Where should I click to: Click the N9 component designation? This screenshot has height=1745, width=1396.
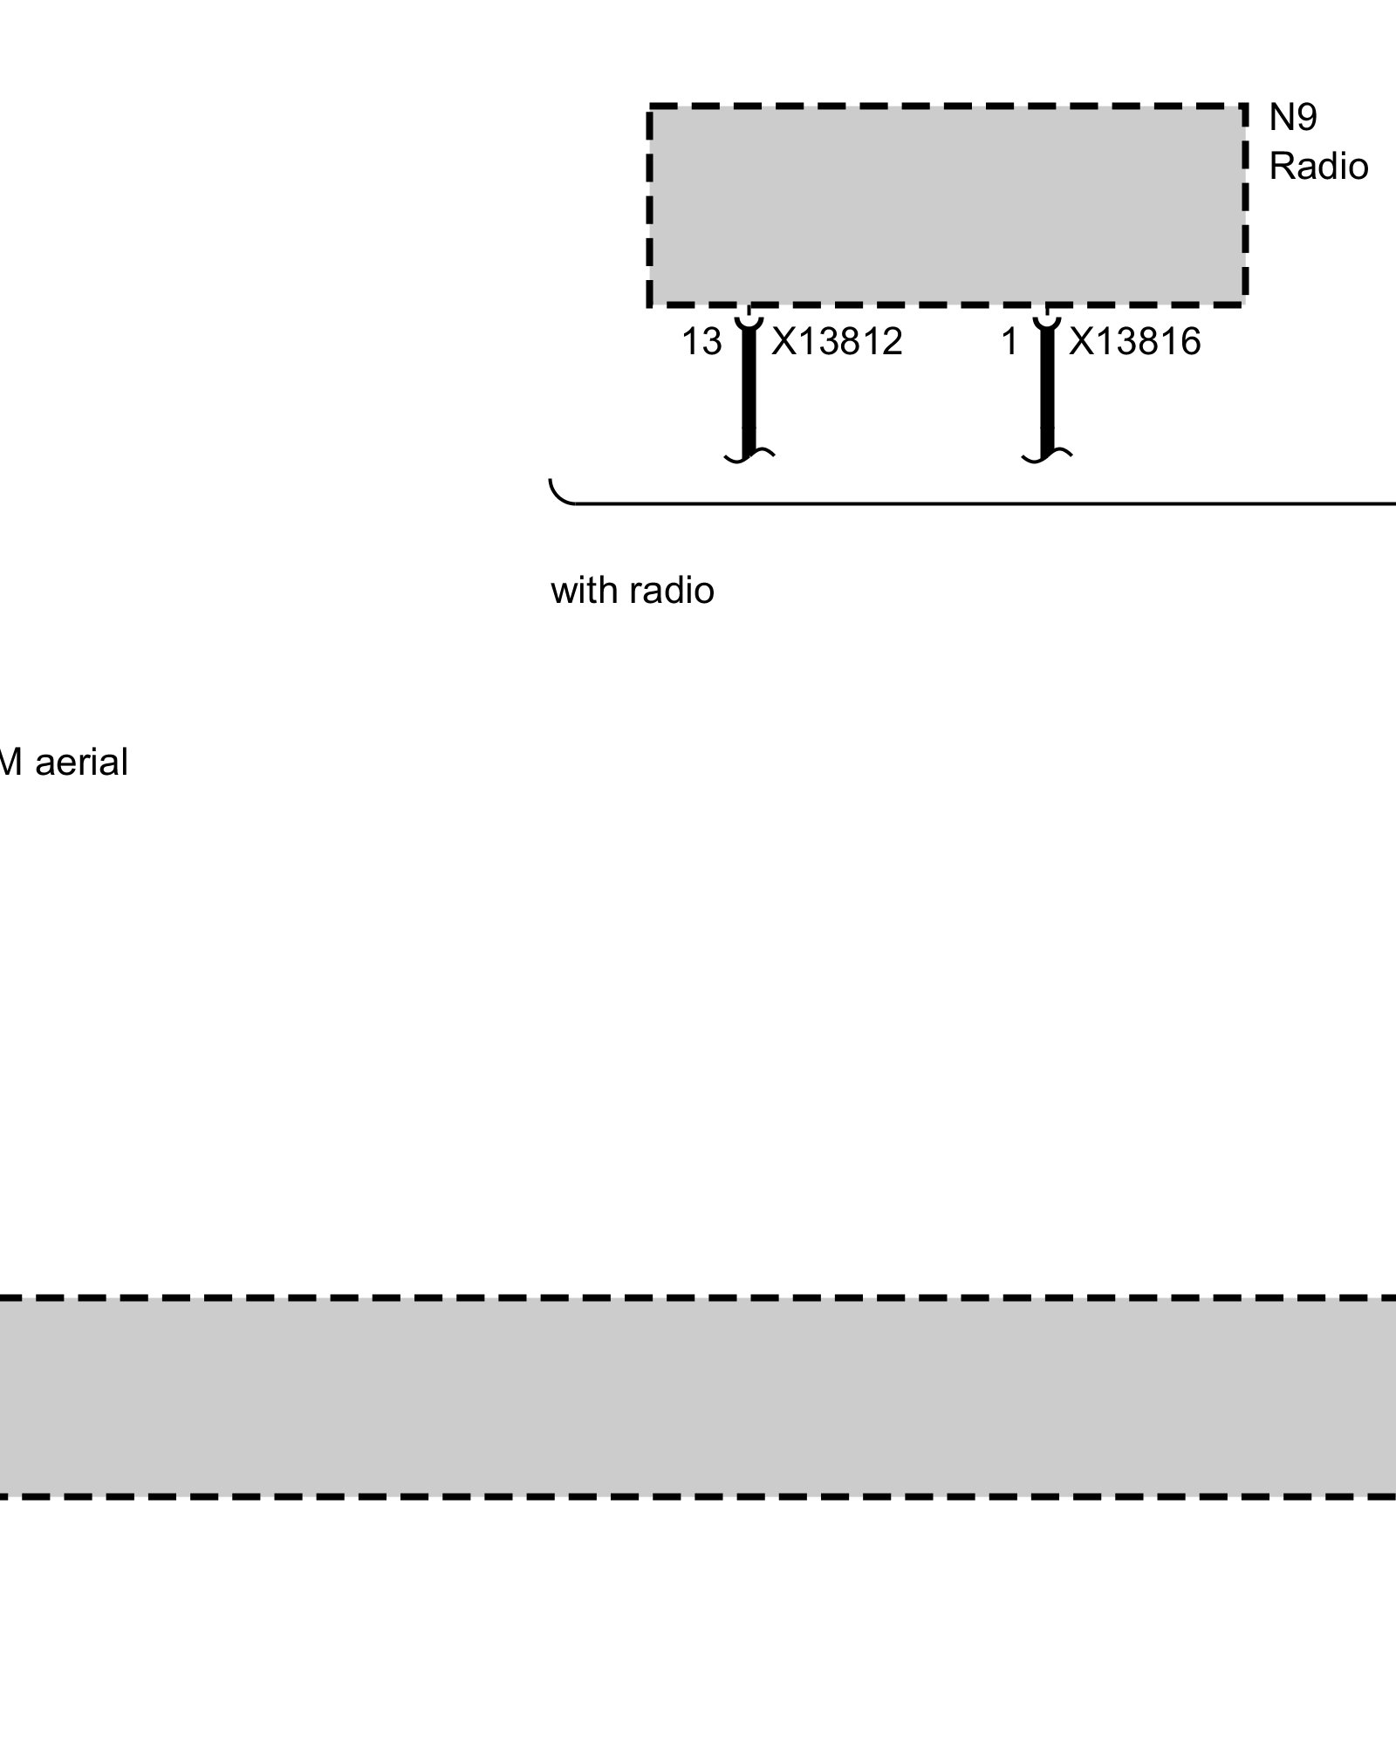[1292, 118]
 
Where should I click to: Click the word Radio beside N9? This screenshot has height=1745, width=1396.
[1317, 167]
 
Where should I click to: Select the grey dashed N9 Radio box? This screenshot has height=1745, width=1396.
[947, 205]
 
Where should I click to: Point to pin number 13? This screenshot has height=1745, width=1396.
[701, 342]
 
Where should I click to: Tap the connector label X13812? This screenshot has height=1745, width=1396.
[837, 342]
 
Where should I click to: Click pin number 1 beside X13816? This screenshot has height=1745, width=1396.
[1009, 342]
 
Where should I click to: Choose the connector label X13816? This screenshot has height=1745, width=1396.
[1134, 342]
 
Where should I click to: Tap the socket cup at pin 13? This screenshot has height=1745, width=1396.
[748, 322]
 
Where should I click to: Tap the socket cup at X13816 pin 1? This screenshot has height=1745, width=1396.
[1046, 322]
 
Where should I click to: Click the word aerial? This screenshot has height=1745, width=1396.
[82, 763]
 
